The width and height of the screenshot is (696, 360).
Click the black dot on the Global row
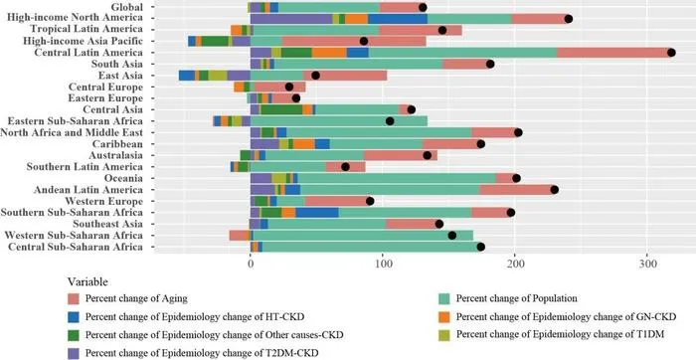tap(423, 7)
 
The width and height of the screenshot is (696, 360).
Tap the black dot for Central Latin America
tap(671, 53)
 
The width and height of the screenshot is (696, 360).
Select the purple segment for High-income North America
tap(291, 19)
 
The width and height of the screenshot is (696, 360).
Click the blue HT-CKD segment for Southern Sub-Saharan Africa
tap(317, 212)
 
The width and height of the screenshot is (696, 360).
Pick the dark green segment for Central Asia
tap(281, 109)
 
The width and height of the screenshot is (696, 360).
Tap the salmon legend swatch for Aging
tap(74, 298)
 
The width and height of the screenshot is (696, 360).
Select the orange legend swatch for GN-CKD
tap(444, 317)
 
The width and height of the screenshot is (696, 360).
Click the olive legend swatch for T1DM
tap(444, 335)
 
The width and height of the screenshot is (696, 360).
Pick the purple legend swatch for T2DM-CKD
tap(74, 353)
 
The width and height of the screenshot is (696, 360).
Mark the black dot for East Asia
tap(315, 76)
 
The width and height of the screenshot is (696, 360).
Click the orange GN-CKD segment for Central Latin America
tap(329, 53)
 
